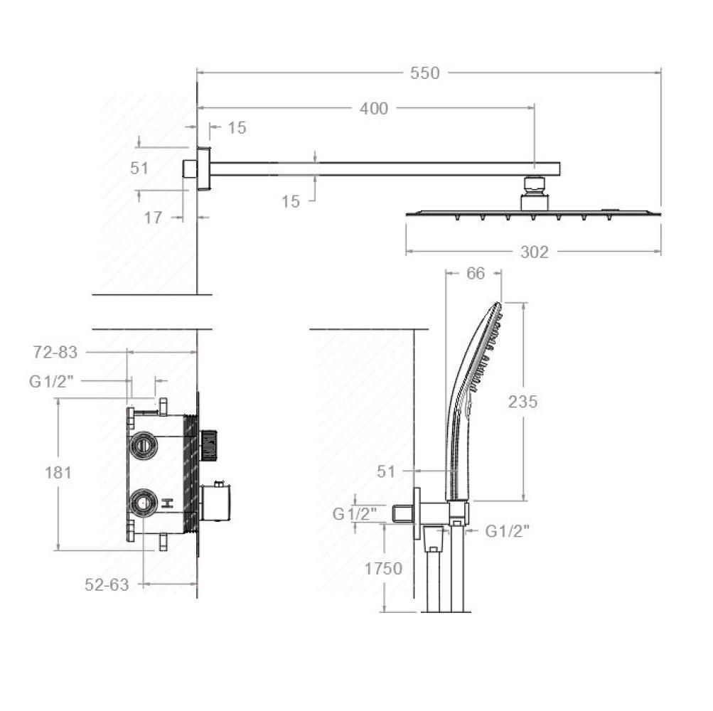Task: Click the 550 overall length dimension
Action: click(424, 73)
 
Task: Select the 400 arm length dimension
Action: click(374, 109)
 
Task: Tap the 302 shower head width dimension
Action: click(535, 252)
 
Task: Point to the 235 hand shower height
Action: click(523, 402)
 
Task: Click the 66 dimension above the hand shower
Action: click(476, 274)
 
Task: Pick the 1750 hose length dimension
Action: click(383, 569)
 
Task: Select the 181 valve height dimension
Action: click(58, 473)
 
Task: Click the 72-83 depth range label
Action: click(55, 352)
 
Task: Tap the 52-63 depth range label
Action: click(107, 584)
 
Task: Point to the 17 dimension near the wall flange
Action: click(153, 218)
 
